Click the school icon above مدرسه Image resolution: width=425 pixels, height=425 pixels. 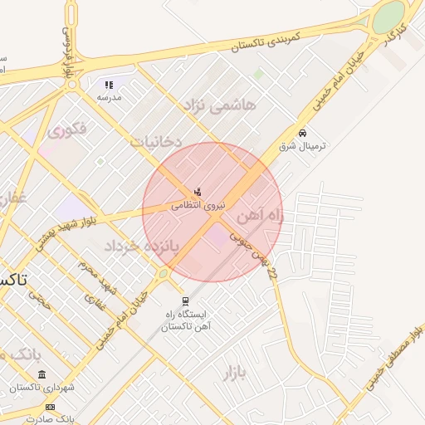(108, 85)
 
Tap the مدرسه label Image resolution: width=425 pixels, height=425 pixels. (109, 97)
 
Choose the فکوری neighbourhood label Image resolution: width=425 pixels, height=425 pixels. (66, 130)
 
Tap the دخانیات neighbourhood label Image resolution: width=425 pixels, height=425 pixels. (155, 141)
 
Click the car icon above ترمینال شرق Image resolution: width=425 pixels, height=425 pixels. (302, 133)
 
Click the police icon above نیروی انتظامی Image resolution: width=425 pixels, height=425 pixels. (197, 193)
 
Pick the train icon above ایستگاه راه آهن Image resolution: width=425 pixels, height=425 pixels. (185, 302)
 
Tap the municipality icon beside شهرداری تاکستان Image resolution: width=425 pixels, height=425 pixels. (42, 375)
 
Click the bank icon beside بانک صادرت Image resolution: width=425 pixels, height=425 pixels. (50, 407)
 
